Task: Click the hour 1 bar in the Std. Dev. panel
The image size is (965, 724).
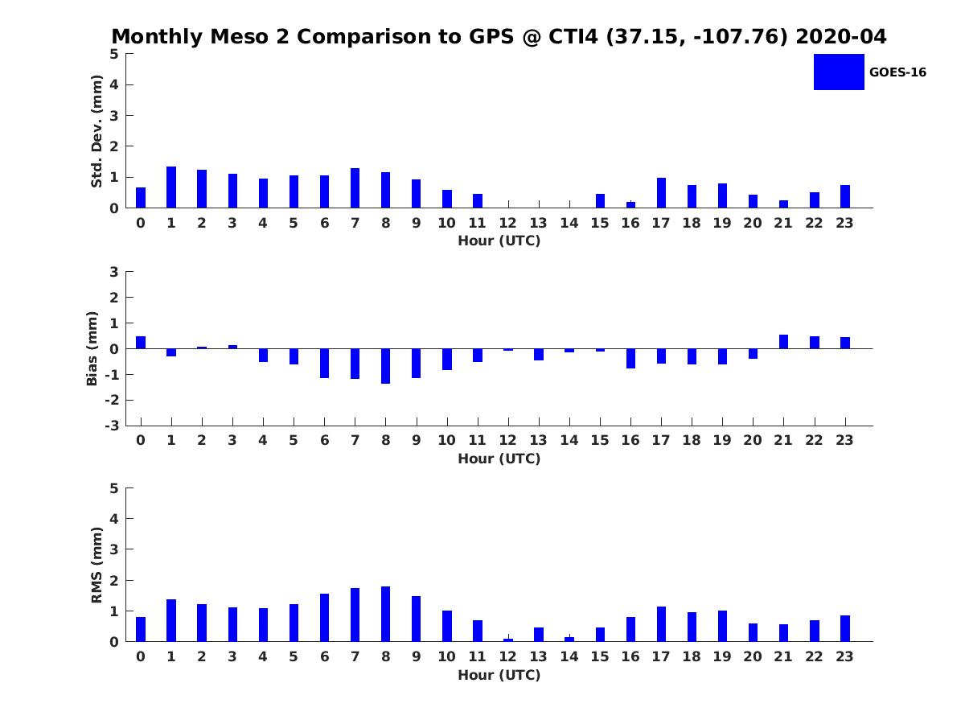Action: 171,187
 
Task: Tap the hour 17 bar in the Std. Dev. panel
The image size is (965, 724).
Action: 661,193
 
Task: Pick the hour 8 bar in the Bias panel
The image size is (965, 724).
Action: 385,366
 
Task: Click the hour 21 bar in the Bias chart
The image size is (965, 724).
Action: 783,342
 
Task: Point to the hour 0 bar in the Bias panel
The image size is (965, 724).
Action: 141,343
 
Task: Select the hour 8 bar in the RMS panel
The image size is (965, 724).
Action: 385,614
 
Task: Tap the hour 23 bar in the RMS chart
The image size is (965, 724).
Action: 844,628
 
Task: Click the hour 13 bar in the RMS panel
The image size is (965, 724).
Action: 539,635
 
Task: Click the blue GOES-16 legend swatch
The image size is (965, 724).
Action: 839,72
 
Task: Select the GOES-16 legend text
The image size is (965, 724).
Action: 897,72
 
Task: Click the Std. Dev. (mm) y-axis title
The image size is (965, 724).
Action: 97,131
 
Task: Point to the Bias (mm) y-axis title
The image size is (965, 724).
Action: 92,348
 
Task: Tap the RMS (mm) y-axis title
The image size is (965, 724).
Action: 97,565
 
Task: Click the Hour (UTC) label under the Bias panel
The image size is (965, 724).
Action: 499,459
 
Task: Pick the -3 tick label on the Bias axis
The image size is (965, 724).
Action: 113,426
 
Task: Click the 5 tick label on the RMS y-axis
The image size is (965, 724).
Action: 114,488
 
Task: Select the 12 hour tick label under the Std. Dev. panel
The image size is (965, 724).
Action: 508,223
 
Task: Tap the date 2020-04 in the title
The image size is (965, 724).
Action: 840,37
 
